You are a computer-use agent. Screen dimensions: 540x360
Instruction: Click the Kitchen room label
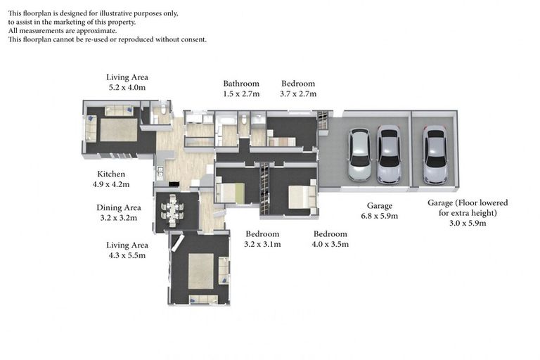coord(111,174)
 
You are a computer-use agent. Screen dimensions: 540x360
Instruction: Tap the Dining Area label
coord(118,207)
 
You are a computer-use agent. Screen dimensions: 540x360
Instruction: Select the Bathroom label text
coord(241,84)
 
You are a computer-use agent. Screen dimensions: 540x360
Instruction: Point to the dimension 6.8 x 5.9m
coord(379,216)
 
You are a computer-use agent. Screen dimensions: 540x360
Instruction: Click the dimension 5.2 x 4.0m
coord(127,87)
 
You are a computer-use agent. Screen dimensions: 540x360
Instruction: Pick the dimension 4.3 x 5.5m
coord(127,255)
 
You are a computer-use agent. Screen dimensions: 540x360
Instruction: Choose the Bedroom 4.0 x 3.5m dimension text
coord(330,244)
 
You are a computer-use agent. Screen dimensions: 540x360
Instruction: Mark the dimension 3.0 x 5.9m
coord(468,223)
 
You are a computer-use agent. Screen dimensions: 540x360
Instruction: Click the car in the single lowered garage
coord(435,154)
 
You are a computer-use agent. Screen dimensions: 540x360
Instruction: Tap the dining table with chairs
coord(172,210)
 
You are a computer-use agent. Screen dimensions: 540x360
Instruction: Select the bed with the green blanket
coord(230,193)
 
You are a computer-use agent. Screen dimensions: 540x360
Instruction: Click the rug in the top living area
coord(118,129)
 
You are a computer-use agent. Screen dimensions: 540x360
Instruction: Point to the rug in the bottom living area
coord(201,271)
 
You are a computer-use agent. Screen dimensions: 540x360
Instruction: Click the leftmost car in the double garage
coord(359,155)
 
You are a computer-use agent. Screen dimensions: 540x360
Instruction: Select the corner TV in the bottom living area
coord(176,243)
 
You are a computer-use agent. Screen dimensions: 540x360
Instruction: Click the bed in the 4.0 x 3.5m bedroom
coord(302,197)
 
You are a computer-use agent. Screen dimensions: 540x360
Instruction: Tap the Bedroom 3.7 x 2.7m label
coord(298,89)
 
